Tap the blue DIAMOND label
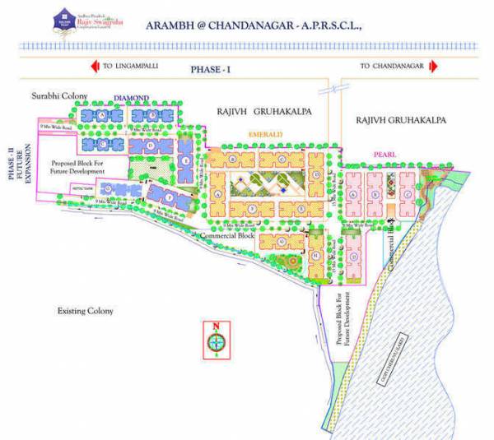[x=131, y=99]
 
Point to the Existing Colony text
[x=85, y=312]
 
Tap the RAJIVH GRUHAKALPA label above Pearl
[x=401, y=120]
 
